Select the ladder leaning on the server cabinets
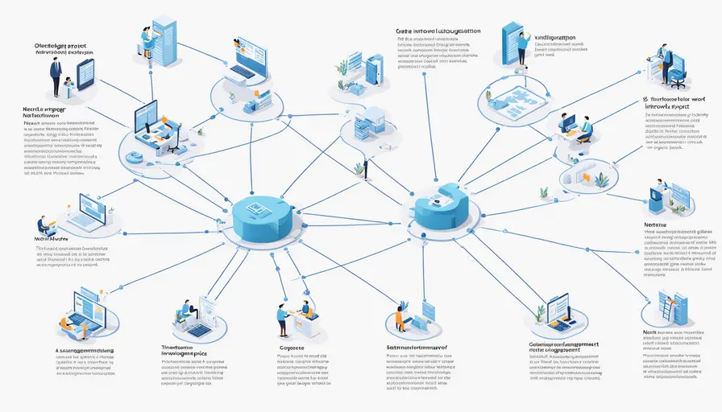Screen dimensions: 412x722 click(x=667, y=305)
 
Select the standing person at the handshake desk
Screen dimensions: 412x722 click(x=282, y=319)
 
